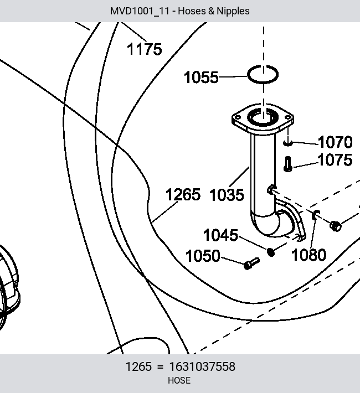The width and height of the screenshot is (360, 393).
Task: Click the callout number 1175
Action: (x=144, y=49)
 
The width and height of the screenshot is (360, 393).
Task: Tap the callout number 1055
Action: (x=201, y=77)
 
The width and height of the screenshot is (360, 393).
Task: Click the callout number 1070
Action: (x=335, y=142)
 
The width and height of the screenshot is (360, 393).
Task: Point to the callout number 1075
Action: (x=335, y=160)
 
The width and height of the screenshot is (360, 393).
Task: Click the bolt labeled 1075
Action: (x=288, y=164)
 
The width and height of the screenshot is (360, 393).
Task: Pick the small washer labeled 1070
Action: (x=288, y=143)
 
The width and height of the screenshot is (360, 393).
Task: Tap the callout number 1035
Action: (x=227, y=195)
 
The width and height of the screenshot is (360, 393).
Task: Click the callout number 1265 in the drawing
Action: (x=183, y=194)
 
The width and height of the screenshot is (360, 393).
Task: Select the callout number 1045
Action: (x=220, y=235)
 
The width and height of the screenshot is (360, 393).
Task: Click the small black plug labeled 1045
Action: (x=271, y=252)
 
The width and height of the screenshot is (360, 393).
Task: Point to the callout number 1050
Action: (x=203, y=256)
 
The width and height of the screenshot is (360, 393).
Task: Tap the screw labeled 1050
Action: (x=251, y=263)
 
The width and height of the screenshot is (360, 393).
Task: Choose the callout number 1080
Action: (x=309, y=255)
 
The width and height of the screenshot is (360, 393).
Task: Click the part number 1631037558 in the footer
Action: (x=202, y=366)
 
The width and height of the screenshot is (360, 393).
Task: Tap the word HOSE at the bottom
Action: (x=179, y=380)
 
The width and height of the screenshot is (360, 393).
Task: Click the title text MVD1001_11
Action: (x=140, y=11)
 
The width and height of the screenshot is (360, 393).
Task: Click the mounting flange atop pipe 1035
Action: (x=263, y=119)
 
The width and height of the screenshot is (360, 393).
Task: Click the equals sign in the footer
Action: (x=160, y=367)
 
